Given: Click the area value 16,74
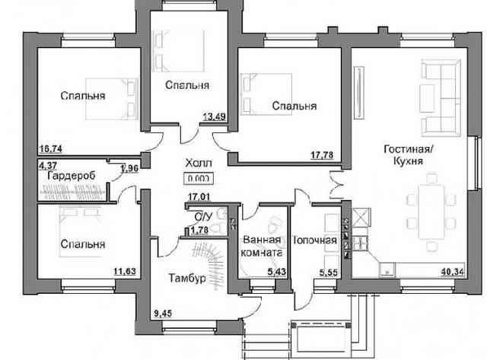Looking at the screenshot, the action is [x=51, y=149].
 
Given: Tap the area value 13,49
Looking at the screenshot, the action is [x=215, y=116].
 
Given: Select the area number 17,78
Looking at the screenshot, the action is [x=322, y=155].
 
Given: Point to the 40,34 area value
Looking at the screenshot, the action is [x=453, y=272].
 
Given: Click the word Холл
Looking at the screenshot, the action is [x=199, y=163].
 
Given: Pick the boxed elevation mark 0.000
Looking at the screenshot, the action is [x=199, y=179].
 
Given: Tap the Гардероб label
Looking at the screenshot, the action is [x=72, y=176].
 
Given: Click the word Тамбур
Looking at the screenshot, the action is [x=187, y=278].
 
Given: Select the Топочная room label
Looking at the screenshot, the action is [x=315, y=240].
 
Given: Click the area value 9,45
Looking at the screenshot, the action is [x=163, y=314].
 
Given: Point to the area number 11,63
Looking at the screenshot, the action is [x=125, y=271].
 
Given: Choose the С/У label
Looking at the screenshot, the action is [x=203, y=216].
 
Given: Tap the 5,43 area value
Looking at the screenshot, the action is [x=277, y=272].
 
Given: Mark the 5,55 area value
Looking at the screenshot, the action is [x=329, y=272].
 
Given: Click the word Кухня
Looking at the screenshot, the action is [x=408, y=161].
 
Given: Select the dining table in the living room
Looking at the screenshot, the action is [x=431, y=212].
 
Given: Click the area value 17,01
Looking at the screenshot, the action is [x=199, y=196].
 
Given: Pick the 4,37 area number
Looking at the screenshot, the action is [x=47, y=164].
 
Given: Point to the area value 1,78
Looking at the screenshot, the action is [x=199, y=230].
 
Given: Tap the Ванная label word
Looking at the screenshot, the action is [x=262, y=240].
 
